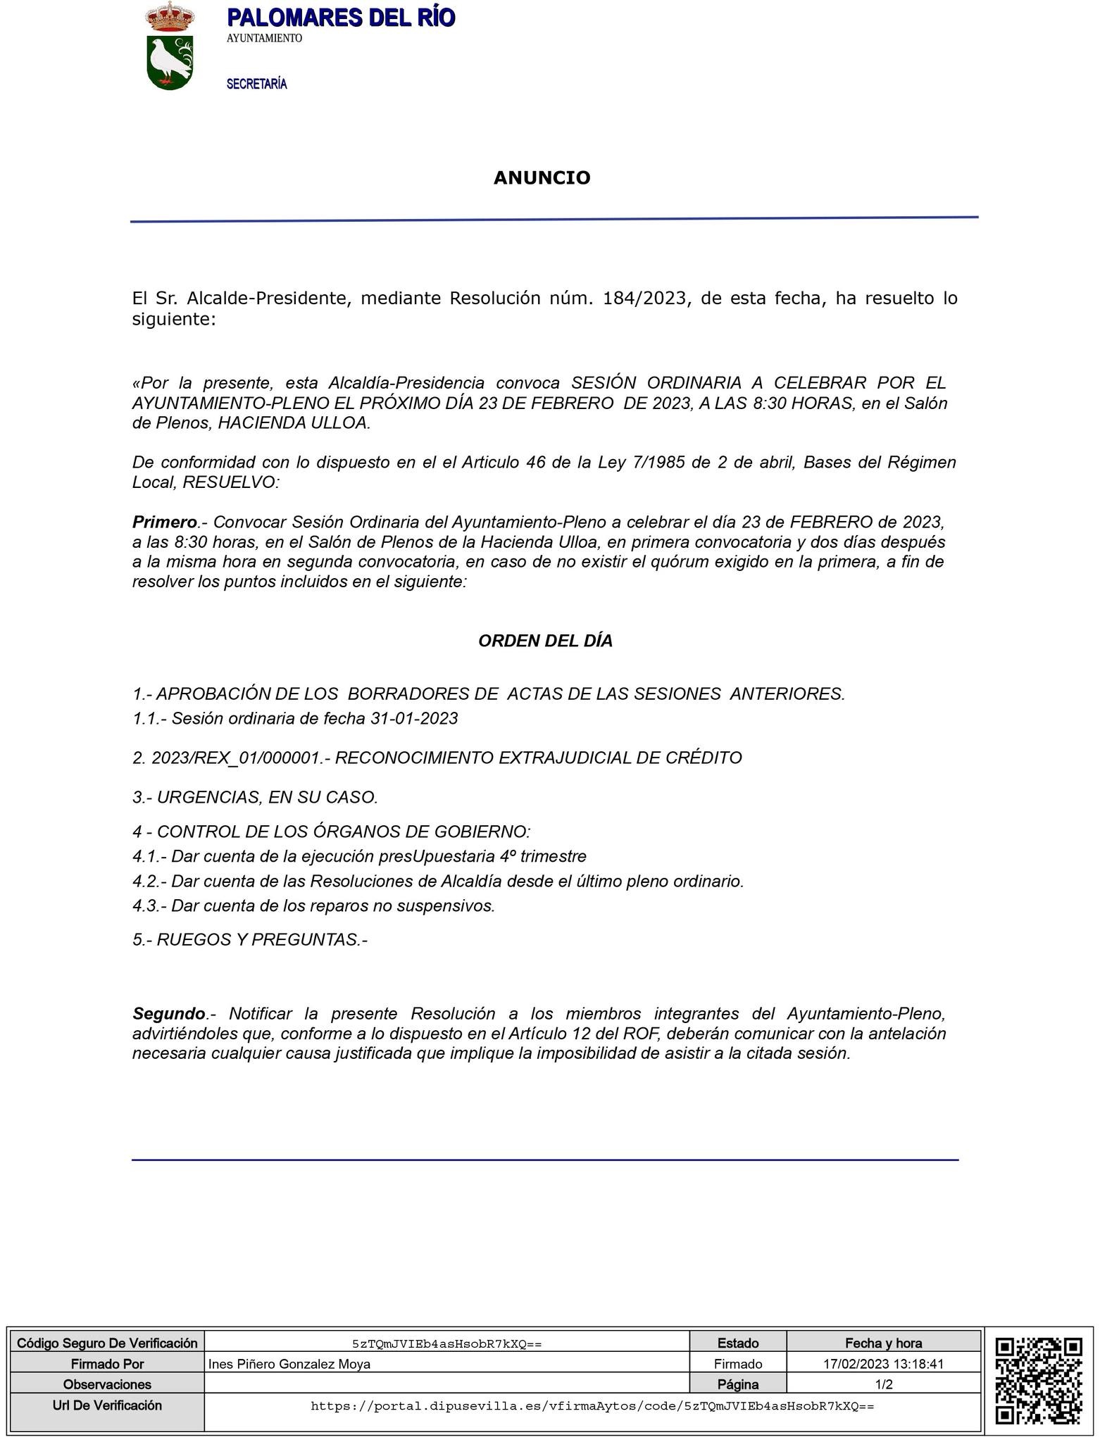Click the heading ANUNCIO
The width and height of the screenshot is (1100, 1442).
pyautogui.click(x=542, y=177)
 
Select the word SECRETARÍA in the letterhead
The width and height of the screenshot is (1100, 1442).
pyautogui.click(x=256, y=84)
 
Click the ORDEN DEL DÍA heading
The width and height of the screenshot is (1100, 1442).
pyautogui.click(x=545, y=641)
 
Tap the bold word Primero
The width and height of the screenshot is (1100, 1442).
pyautogui.click(x=165, y=522)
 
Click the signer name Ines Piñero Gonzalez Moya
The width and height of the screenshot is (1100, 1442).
pyautogui.click(x=289, y=1364)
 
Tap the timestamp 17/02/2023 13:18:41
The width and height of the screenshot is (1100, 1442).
pyautogui.click(x=883, y=1364)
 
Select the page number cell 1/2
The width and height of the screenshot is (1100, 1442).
pyautogui.click(x=883, y=1384)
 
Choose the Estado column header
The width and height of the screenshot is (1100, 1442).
pyautogui.click(x=737, y=1343)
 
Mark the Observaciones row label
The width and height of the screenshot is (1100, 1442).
pyautogui.click(x=107, y=1384)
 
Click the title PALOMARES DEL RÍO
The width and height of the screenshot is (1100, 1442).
pyautogui.click(x=341, y=18)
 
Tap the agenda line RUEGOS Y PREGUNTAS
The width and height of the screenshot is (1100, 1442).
pyautogui.click(x=250, y=939)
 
